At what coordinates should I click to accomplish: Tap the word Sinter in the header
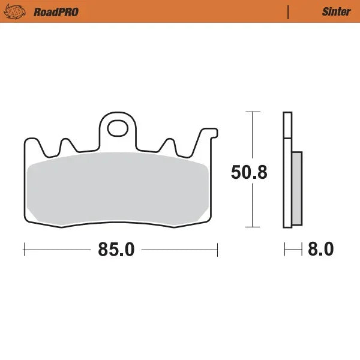coord(336,11)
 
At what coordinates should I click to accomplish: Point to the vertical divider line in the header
coord(288,11)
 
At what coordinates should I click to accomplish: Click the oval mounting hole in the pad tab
coord(118,128)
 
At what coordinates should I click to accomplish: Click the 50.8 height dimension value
coord(249,172)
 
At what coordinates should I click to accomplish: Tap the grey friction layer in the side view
coord(297,188)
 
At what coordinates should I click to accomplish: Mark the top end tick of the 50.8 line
coord(253,112)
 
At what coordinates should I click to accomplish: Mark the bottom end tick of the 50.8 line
coord(253,227)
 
